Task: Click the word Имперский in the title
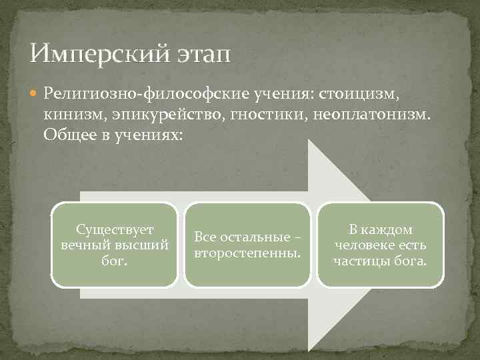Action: click(100, 51)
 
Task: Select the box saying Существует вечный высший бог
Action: click(115, 245)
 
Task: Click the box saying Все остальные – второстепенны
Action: click(247, 245)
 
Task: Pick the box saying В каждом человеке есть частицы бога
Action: click(380, 245)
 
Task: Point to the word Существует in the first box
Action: click(115, 230)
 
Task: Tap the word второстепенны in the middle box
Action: click(247, 253)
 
